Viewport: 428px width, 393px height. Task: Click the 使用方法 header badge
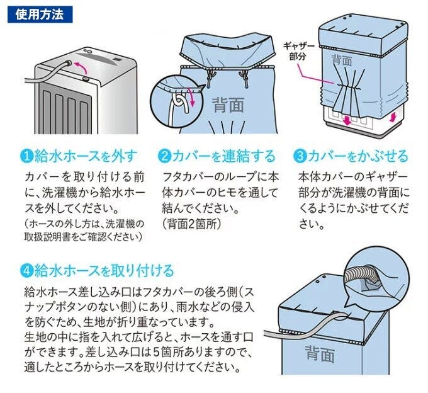39,13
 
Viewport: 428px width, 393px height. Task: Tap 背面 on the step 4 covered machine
320,353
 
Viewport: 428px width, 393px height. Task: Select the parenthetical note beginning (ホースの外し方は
84,230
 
